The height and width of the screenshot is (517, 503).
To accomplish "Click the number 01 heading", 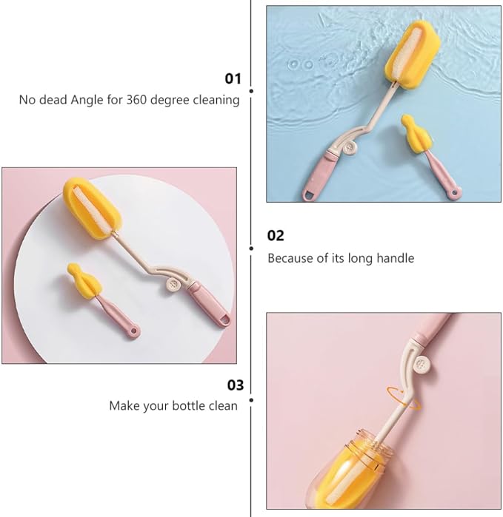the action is (x=233, y=78).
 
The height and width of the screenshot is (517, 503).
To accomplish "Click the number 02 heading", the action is (x=276, y=235).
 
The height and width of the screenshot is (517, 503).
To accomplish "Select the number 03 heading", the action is (x=235, y=385).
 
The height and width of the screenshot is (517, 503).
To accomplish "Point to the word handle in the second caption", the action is (x=396, y=258).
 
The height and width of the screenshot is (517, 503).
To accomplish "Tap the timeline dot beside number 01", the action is (x=251, y=91).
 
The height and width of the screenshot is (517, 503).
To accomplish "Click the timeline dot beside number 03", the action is (x=251, y=400).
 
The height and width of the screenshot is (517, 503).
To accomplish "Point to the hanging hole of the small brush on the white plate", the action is (x=133, y=331).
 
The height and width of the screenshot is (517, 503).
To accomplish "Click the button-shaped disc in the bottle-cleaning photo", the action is (x=421, y=365).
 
